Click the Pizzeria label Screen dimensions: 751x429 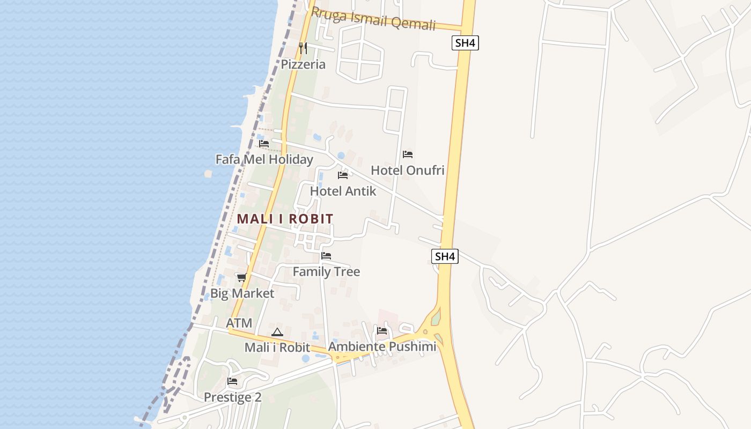coord(303,64)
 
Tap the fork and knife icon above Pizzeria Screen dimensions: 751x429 coord(303,48)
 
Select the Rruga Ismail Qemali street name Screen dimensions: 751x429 coord(373,19)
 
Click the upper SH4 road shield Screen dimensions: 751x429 coord(465,43)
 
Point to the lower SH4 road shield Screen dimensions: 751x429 coord(445,256)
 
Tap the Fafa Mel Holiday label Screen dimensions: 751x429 coord(264,159)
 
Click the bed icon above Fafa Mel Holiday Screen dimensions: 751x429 coord(264,144)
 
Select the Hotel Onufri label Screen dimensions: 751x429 coord(408,171)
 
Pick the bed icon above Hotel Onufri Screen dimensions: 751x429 coord(408,154)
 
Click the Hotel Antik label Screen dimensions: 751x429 coord(343,191)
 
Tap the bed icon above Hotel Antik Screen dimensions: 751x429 coord(343,175)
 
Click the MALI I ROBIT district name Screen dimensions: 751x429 coord(285,219)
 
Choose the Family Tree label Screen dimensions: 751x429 coord(326,272)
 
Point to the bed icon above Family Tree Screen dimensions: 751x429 coord(326,256)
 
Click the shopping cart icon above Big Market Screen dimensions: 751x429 coord(241,277)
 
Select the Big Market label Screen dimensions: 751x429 coord(242,293)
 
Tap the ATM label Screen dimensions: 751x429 coord(239,323)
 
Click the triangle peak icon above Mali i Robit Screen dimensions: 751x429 coord(277,332)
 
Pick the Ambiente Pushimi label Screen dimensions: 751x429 coord(382,346)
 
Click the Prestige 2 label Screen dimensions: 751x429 coord(232,397)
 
